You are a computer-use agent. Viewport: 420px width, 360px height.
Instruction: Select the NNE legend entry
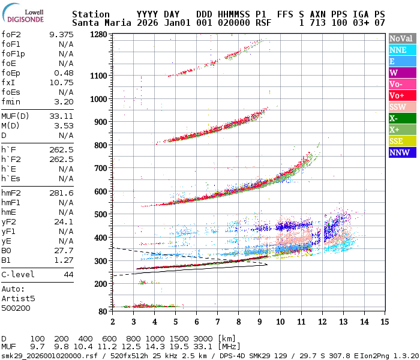click(x=401, y=50)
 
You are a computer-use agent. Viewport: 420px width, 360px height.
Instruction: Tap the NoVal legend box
click(x=401, y=38)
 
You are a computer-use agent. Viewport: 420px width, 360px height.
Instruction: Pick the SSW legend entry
click(x=401, y=107)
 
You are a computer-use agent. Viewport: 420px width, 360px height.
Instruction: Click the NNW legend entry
click(x=401, y=152)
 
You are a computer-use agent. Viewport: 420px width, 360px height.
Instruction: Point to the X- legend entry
click(x=401, y=118)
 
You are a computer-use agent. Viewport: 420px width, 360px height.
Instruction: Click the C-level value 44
click(x=68, y=275)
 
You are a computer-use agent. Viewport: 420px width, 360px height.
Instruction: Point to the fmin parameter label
click(x=11, y=102)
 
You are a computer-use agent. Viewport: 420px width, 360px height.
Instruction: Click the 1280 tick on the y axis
click(x=98, y=35)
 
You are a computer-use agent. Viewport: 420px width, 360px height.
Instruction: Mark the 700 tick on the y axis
click(x=101, y=168)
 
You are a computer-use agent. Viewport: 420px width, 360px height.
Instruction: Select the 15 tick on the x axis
click(x=385, y=322)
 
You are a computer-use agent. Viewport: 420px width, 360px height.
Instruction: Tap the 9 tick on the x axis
click(x=259, y=322)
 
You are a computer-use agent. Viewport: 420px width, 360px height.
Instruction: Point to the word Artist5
click(x=18, y=298)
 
